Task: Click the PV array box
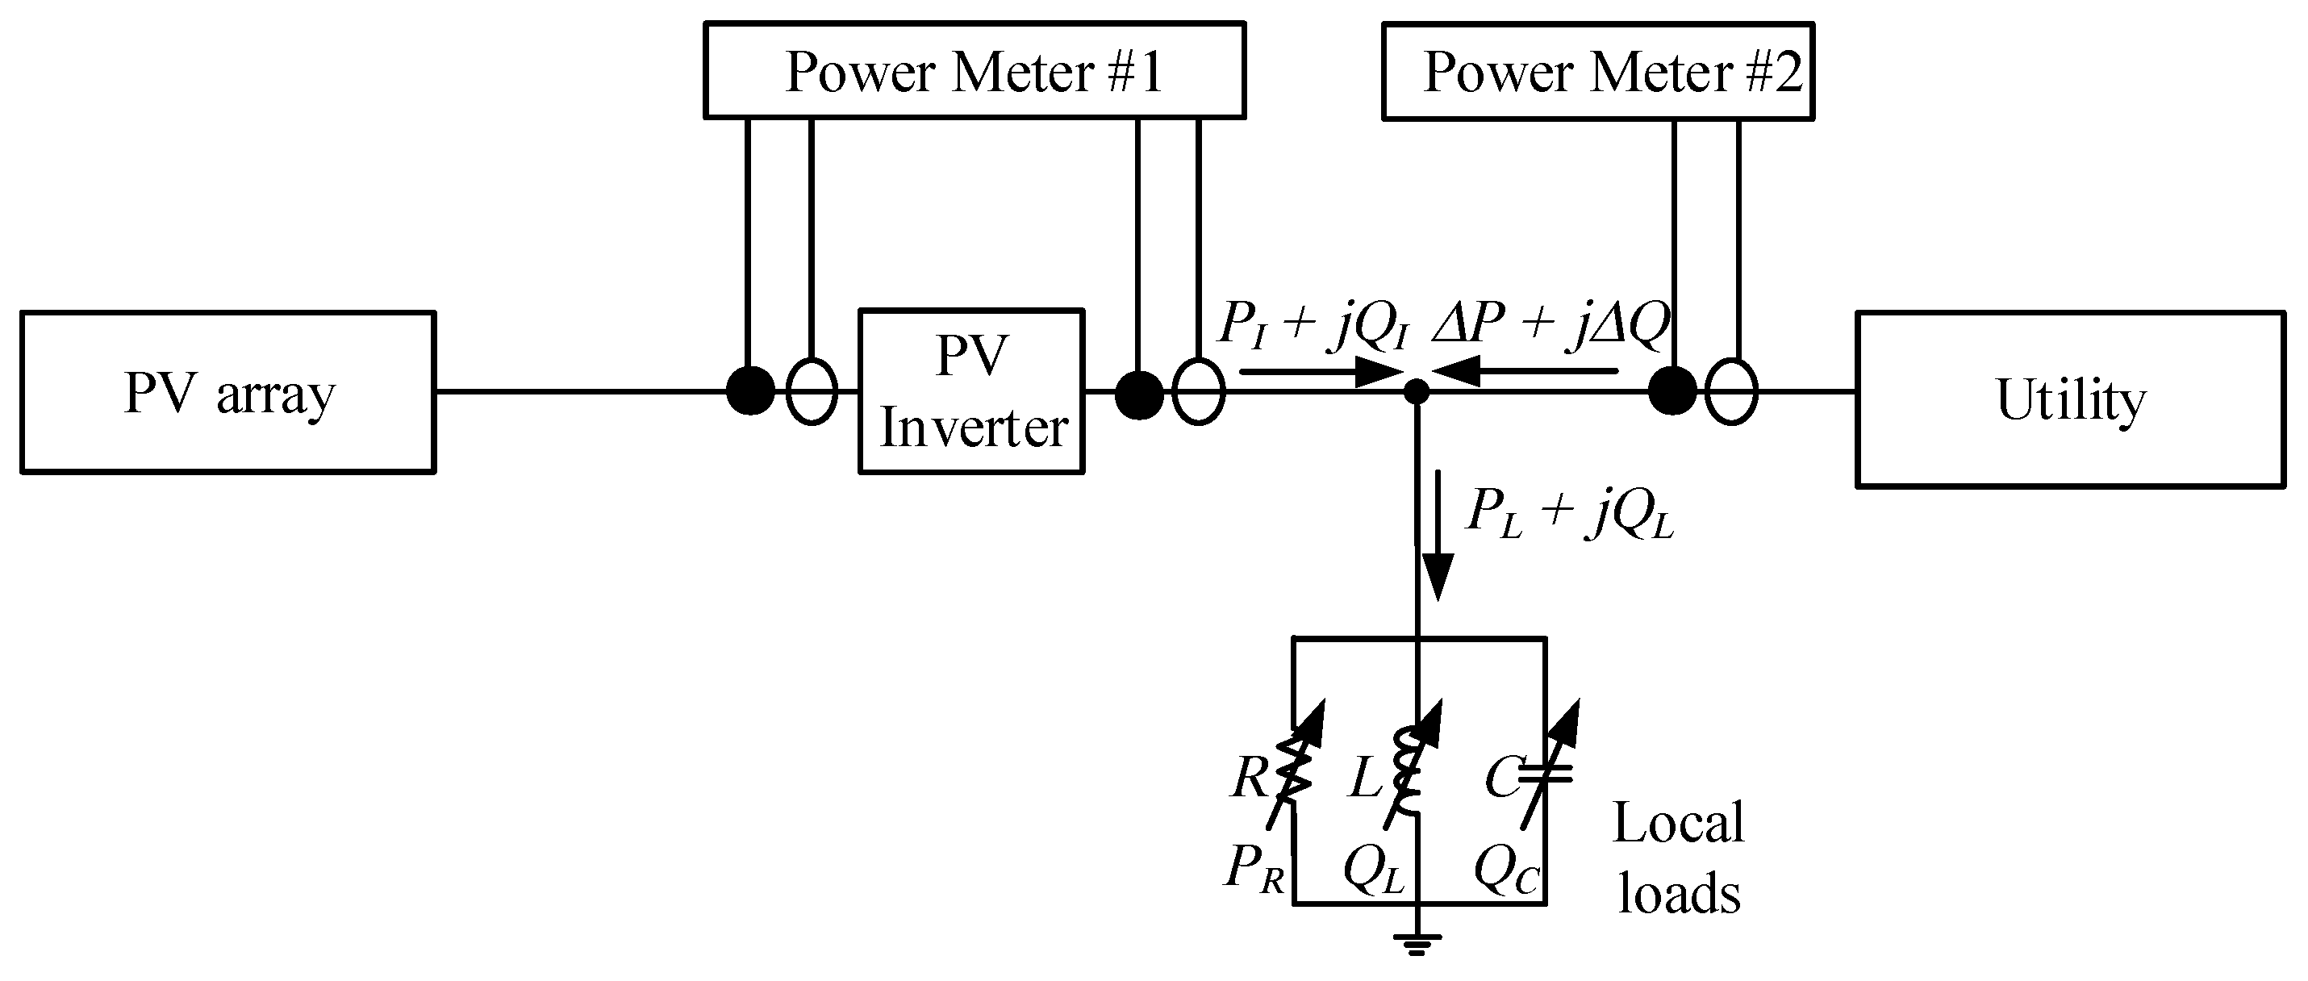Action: coord(227,392)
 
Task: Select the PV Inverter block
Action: coord(971,391)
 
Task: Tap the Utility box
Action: coord(2071,399)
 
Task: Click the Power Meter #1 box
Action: coord(974,71)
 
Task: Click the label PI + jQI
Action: coord(1313,325)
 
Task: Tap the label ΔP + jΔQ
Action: coord(1550,324)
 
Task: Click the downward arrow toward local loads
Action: coord(1438,537)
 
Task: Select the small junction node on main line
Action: coord(1416,391)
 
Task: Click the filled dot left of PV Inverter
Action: coord(750,391)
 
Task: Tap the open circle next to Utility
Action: coord(1731,391)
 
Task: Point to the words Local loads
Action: coord(1678,858)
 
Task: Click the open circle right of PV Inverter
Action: coord(1198,391)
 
